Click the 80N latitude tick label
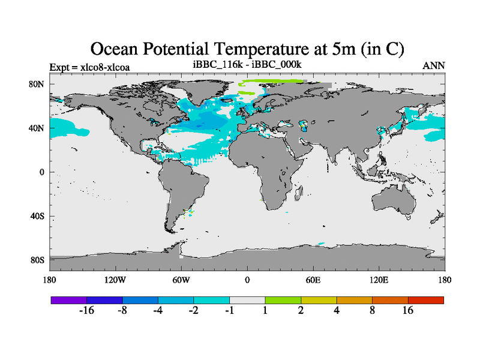pyautogui.click(x=37, y=84)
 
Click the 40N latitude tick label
pyautogui.click(x=37, y=128)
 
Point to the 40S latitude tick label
pyautogui.click(x=37, y=216)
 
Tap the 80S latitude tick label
pyautogui.click(x=37, y=260)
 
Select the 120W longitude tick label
pyautogui.click(x=115, y=280)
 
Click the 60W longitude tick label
pyautogui.click(x=181, y=280)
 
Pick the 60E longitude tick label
pyautogui.click(x=313, y=280)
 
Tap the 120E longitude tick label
pyautogui.click(x=379, y=280)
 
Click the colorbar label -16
pyautogui.click(x=87, y=310)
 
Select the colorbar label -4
pyautogui.click(x=158, y=310)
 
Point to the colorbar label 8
pyautogui.click(x=373, y=310)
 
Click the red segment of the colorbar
pyautogui.click(x=426, y=299)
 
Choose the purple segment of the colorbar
pyautogui.click(x=69, y=299)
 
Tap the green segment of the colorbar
pyautogui.click(x=283, y=299)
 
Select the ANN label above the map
pyautogui.click(x=434, y=65)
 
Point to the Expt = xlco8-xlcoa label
pyautogui.click(x=89, y=66)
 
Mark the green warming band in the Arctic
pyautogui.click(x=270, y=82)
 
